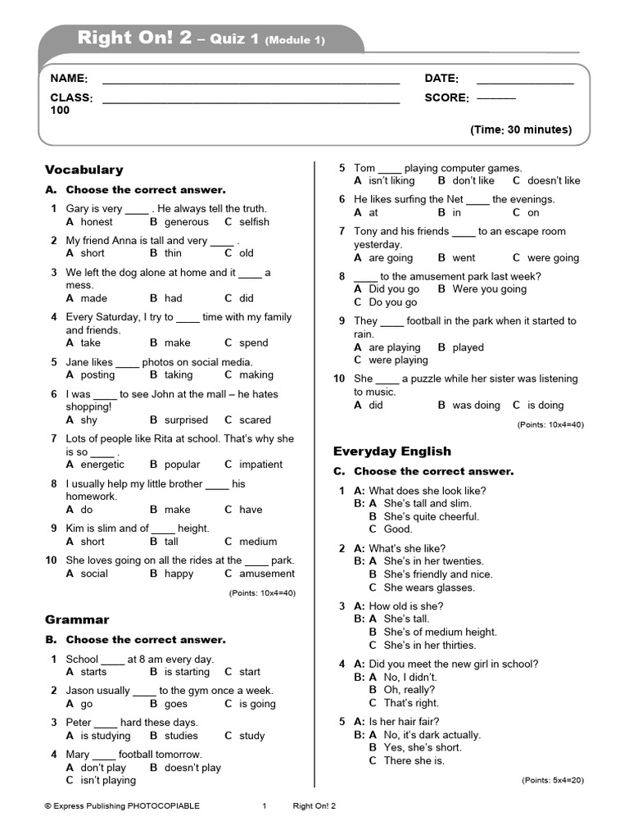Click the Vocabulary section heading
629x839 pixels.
pyautogui.click(x=84, y=170)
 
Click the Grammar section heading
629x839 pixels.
pyautogui.click(x=77, y=619)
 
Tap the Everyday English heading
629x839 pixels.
pyautogui.click(x=391, y=451)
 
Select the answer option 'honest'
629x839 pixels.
pyautogui.click(x=97, y=221)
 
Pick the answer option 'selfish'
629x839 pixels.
pyautogui.click(x=254, y=221)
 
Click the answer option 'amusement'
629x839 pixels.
pyautogui.click(x=267, y=574)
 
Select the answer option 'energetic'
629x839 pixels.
pyautogui.click(x=102, y=464)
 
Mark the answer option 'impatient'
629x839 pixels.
pyautogui.click(x=260, y=464)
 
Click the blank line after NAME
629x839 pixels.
pyautogui.click(x=251, y=82)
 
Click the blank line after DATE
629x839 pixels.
pyautogui.click(x=525, y=82)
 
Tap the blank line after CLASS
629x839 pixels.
pyautogui.click(x=251, y=102)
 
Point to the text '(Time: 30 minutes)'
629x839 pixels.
pyautogui.click(x=520, y=129)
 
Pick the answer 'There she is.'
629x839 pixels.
pyautogui.click(x=414, y=760)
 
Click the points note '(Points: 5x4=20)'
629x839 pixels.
pyautogui.click(x=553, y=780)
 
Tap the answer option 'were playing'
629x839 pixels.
pyautogui.click(x=398, y=360)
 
